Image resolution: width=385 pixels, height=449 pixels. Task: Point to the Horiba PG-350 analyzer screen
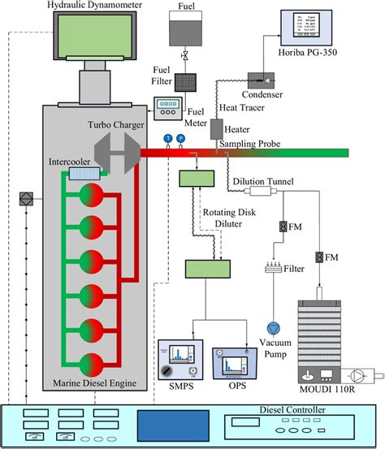coord(309,29)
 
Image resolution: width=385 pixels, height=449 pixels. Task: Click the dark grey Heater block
coord(217,129)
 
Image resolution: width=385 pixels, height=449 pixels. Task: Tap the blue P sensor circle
coord(180,139)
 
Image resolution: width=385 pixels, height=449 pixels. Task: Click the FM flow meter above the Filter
coord(282,226)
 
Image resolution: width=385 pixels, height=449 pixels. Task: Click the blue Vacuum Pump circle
coord(276,327)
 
